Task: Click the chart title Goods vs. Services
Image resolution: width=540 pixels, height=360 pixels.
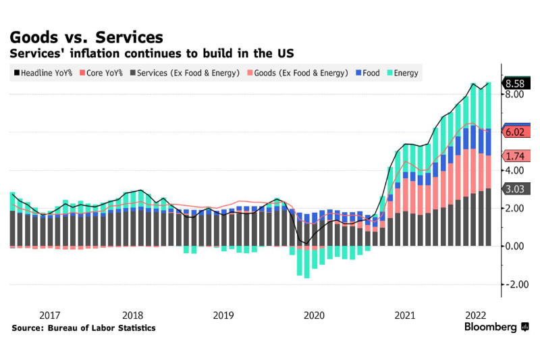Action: [x=86, y=36]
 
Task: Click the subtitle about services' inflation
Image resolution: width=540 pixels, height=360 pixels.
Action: [x=151, y=53]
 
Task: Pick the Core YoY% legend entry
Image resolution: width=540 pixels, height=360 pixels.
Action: [x=102, y=73]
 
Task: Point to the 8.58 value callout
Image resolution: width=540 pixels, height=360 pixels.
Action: [x=517, y=84]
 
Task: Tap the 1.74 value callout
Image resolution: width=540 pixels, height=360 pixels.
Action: [x=517, y=155]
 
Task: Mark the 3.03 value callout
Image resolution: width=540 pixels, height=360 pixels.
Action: [x=517, y=189]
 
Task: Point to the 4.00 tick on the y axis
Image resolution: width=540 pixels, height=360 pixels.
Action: [x=515, y=170]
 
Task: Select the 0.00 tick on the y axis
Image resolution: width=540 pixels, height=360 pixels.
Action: [x=515, y=247]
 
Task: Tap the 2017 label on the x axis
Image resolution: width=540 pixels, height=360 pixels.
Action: [x=50, y=315]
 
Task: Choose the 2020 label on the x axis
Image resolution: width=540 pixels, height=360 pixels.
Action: [x=314, y=315]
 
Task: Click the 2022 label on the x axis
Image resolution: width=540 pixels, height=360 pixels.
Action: [x=476, y=315]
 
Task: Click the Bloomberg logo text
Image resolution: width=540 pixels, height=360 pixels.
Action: [x=491, y=327]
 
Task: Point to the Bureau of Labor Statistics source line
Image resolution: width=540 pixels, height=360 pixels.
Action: [x=83, y=328]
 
